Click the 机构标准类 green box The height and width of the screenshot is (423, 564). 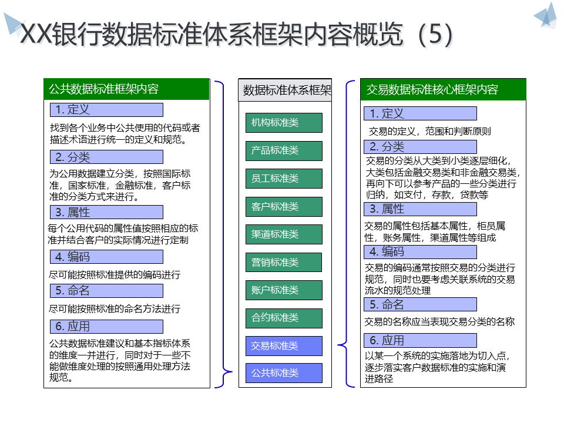pos(284,123)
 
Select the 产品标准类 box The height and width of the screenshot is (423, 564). pos(284,151)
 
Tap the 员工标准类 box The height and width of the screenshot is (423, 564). pos(284,179)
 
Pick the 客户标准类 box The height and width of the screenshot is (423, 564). pos(284,207)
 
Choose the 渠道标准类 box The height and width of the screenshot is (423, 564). pos(284,234)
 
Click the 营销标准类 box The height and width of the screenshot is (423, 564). pos(284,263)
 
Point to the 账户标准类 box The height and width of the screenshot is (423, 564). pos(284,290)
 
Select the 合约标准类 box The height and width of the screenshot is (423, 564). pos(284,318)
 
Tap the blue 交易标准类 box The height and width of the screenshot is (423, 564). pos(284,346)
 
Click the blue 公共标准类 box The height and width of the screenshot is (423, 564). pos(284,373)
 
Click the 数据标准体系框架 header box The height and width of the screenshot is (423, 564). pos(286,90)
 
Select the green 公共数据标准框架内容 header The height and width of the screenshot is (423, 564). pos(126,89)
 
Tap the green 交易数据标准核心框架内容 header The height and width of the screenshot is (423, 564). pos(443,89)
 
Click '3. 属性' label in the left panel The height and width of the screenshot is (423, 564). pos(106,212)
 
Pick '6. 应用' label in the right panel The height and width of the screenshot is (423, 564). pos(420,340)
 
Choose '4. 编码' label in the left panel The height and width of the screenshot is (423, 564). pos(106,257)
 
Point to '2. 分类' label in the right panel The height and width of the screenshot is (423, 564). pos(420,147)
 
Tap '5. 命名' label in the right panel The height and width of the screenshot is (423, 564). pos(420,304)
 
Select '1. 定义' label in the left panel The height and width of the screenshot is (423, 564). pos(106,110)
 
